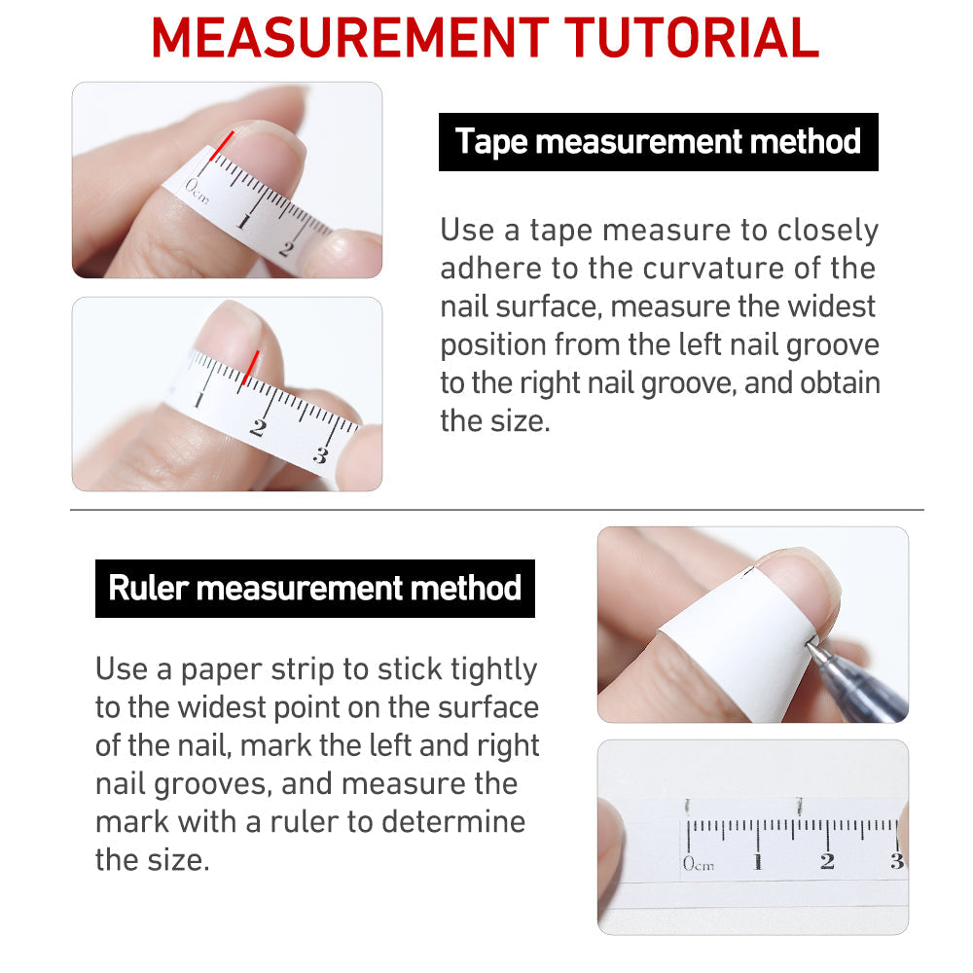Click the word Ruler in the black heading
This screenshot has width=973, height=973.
click(148, 588)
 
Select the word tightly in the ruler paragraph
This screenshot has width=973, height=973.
click(494, 669)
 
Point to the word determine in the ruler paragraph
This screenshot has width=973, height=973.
click(453, 821)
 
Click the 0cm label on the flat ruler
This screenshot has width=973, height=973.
click(698, 863)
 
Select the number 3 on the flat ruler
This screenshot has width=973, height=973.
click(896, 861)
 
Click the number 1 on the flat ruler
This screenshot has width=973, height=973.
click(758, 861)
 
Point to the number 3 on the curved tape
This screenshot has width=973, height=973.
click(320, 455)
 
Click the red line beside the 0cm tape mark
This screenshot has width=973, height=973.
click(222, 146)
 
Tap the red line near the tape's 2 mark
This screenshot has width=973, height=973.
click(250, 368)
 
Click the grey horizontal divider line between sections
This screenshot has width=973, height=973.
click(496, 510)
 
